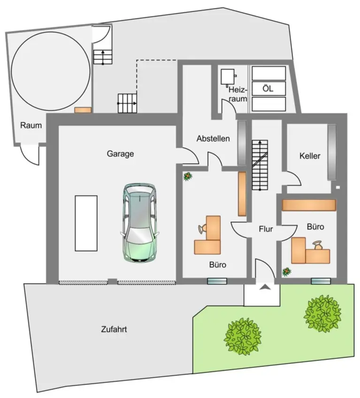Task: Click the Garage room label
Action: pyautogui.click(x=120, y=153)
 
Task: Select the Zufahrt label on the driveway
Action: pyautogui.click(x=114, y=329)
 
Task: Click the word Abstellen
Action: pyautogui.click(x=213, y=139)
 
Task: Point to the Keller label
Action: pyautogui.click(x=309, y=156)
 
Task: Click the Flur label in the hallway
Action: pyautogui.click(x=266, y=230)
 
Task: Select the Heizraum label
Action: pyautogui.click(x=237, y=93)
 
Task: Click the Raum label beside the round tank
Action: pyautogui.click(x=31, y=125)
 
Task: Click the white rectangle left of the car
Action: pyautogui.click(x=86, y=223)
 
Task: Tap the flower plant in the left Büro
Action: pyautogui.click(x=188, y=176)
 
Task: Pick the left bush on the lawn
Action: pyautogui.click(x=243, y=336)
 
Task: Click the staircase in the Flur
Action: pyautogui.click(x=259, y=164)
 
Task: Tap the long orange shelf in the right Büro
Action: pyautogui.click(x=309, y=205)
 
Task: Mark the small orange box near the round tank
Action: pyautogui.click(x=83, y=110)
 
